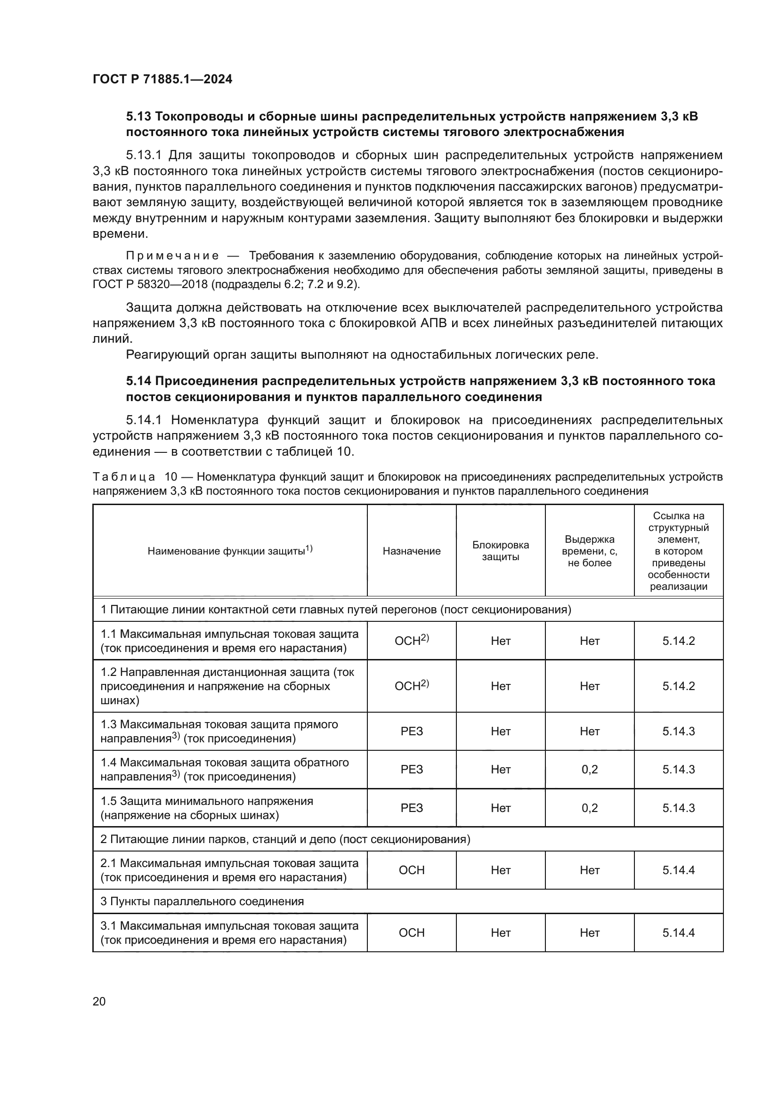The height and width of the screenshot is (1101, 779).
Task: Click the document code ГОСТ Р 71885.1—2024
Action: pyautogui.click(x=162, y=79)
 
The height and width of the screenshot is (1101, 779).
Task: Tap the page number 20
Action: pyautogui.click(x=99, y=1001)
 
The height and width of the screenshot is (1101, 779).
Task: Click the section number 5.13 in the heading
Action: pyautogui.click(x=138, y=117)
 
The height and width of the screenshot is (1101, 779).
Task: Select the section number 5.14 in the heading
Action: pyautogui.click(x=138, y=381)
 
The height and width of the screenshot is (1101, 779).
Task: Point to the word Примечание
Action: pyautogui.click(x=172, y=256)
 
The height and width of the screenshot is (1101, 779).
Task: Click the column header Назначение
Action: pyautogui.click(x=412, y=551)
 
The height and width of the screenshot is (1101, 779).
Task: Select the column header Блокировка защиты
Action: pyautogui.click(x=500, y=551)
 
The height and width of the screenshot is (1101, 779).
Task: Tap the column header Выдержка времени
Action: pyautogui.click(x=590, y=551)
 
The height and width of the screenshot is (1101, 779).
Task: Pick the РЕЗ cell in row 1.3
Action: pyautogui.click(x=412, y=731)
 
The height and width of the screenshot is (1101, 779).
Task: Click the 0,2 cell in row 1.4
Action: pyautogui.click(x=590, y=769)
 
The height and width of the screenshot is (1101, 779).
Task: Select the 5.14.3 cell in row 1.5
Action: pyautogui.click(x=678, y=808)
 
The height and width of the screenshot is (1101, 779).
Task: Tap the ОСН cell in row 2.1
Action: pyautogui.click(x=412, y=870)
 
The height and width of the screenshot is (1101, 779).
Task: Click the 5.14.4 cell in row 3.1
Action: pyautogui.click(x=678, y=932)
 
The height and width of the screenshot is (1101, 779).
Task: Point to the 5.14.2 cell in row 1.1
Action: pyautogui.click(x=678, y=641)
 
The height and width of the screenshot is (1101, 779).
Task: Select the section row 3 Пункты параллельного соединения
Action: pyautogui.click(x=202, y=901)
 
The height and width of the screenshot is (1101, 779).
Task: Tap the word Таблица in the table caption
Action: pyautogui.click(x=124, y=477)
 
